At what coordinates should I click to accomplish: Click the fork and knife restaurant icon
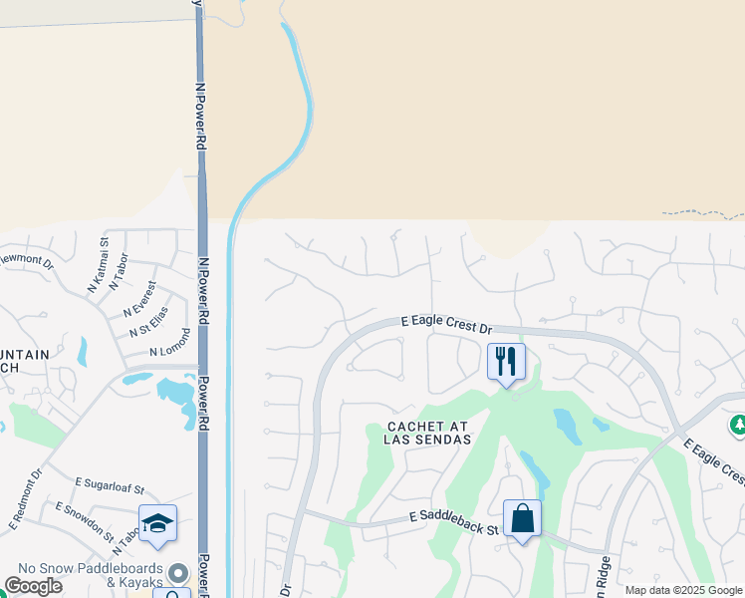point(506,361)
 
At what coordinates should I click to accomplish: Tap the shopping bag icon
point(522,518)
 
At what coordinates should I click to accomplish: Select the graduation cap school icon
point(157,523)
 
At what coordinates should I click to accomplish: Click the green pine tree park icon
point(738,426)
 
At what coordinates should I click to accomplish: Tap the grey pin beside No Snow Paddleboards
point(178,572)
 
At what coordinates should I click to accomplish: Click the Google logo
point(34,586)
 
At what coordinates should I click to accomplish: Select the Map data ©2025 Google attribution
point(684,590)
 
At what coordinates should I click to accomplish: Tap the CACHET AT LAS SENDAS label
point(426,434)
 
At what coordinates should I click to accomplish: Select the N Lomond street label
point(169,345)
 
